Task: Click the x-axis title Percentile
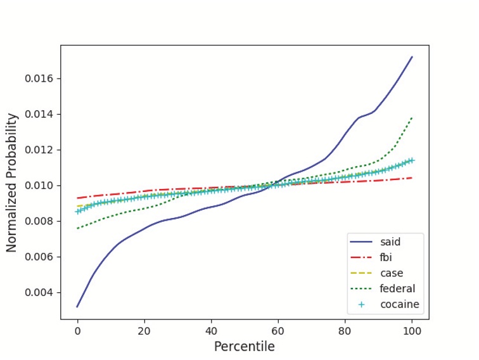click(244, 347)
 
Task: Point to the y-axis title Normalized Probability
click(12, 183)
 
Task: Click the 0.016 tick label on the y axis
click(39, 79)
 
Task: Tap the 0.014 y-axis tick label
click(39, 114)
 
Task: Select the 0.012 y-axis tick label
click(39, 150)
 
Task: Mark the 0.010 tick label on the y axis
click(39, 186)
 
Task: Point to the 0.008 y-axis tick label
click(39, 221)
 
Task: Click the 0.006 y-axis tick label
click(39, 257)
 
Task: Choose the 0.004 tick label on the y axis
click(39, 293)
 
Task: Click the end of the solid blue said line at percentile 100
click(412, 57)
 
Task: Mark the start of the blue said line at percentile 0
click(77, 307)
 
